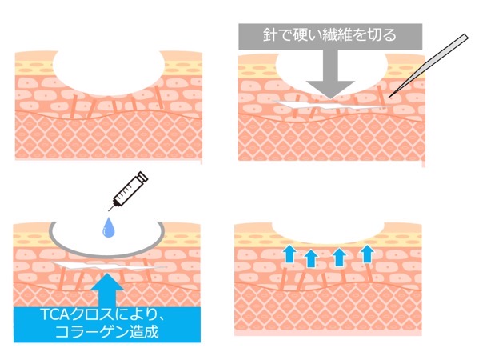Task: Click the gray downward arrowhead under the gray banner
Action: (x=330, y=90)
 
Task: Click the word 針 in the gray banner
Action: (x=270, y=35)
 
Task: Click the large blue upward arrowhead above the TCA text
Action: (x=107, y=281)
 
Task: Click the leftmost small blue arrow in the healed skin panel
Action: (x=289, y=254)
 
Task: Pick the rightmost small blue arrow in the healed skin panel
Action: (x=367, y=254)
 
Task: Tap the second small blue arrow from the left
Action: (x=311, y=258)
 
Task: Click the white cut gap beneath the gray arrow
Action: (x=330, y=106)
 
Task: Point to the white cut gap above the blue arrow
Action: (x=107, y=266)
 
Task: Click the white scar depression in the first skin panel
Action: (x=107, y=72)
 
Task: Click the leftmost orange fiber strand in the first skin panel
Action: (x=73, y=106)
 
